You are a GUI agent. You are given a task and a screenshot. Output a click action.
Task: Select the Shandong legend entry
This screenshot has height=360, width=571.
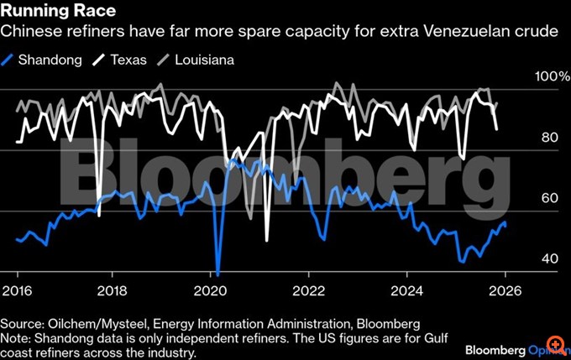coord(50,60)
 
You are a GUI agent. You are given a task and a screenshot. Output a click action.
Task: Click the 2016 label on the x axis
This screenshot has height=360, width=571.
coord(17,290)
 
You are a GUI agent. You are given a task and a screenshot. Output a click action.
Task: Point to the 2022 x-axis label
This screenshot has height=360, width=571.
coord(308,290)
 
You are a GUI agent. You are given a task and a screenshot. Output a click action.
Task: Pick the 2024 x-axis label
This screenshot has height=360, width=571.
coord(406,290)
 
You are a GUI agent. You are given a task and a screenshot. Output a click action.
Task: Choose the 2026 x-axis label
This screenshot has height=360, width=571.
coord(503,290)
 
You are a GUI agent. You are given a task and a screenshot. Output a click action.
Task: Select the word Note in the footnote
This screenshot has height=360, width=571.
coord(16,338)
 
